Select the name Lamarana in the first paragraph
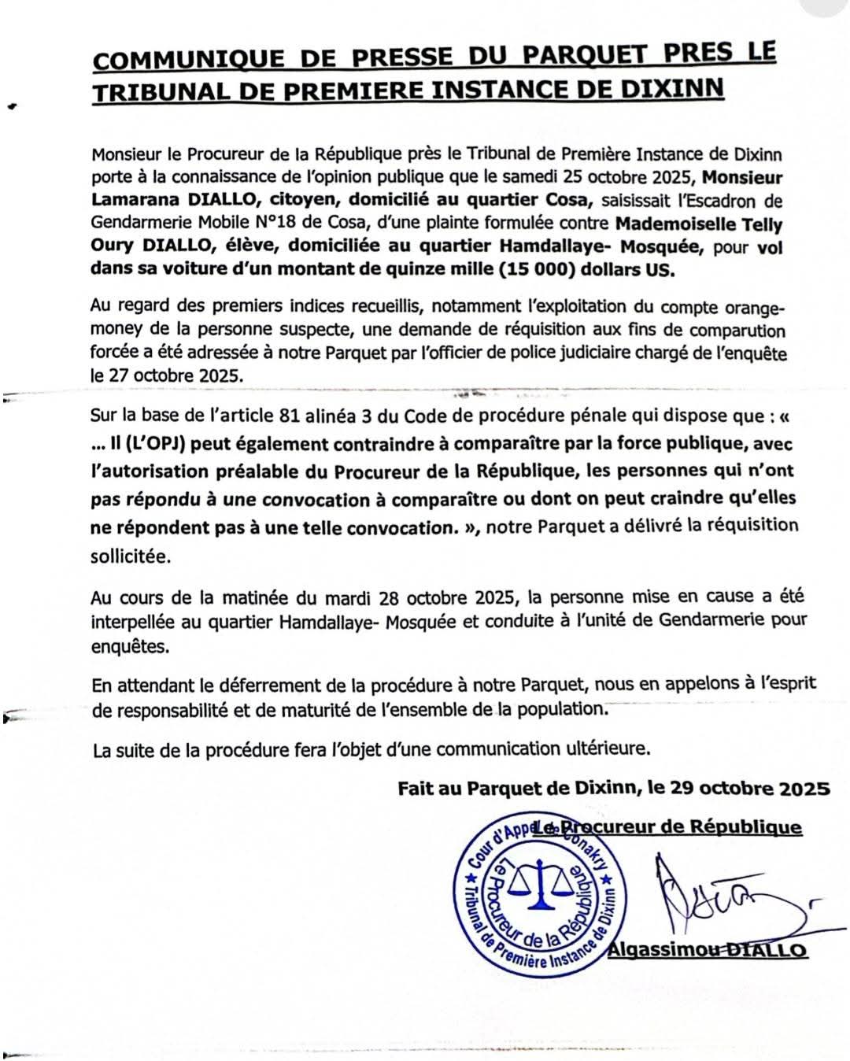click(129, 201)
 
